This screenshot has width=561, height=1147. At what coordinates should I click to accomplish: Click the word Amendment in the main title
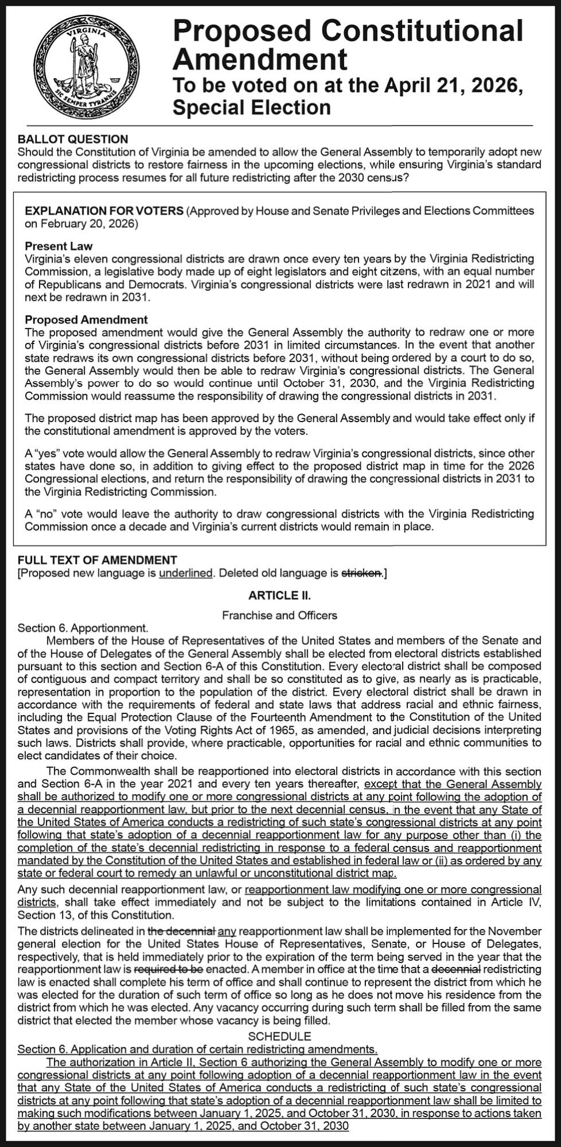(260, 58)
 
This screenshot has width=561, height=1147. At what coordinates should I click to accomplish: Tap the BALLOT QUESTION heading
(73, 139)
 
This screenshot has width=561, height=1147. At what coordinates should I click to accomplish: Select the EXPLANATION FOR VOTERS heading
(104, 210)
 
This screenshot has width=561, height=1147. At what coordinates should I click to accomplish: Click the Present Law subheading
(58, 246)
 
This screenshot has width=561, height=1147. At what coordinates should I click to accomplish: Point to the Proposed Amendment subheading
(86, 319)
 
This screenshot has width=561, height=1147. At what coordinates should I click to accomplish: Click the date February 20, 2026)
(81, 223)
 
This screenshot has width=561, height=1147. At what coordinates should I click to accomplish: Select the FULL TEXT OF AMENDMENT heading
(98, 560)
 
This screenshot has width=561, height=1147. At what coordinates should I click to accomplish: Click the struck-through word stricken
(361, 572)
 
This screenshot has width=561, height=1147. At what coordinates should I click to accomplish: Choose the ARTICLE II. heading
(279, 595)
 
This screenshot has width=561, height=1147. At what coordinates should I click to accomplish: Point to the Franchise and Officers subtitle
(279, 615)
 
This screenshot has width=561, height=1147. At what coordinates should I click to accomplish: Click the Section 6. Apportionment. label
(83, 628)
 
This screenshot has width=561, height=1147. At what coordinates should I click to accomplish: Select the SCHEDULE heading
(279, 1036)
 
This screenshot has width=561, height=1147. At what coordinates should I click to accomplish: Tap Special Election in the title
(252, 107)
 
